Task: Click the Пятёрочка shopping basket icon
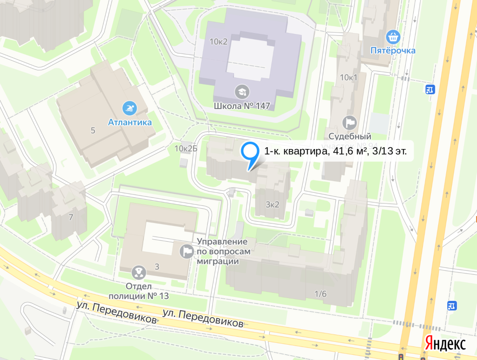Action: tap(394, 36)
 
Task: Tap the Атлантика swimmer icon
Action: tap(129, 109)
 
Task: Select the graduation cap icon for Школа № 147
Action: tap(242, 91)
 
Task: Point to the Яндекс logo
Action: tap(445, 344)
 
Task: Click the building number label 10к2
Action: tap(218, 41)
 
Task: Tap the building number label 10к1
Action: tap(348, 77)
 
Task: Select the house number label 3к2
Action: tap(273, 204)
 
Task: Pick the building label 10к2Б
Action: tap(186, 149)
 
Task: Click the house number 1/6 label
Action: tap(320, 293)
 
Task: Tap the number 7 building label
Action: tap(71, 217)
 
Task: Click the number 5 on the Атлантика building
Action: tap(93, 130)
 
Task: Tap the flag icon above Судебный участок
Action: tap(349, 122)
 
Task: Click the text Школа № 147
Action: tap(242, 106)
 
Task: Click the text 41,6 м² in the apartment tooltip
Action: tap(351, 151)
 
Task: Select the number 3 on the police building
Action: tap(157, 266)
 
